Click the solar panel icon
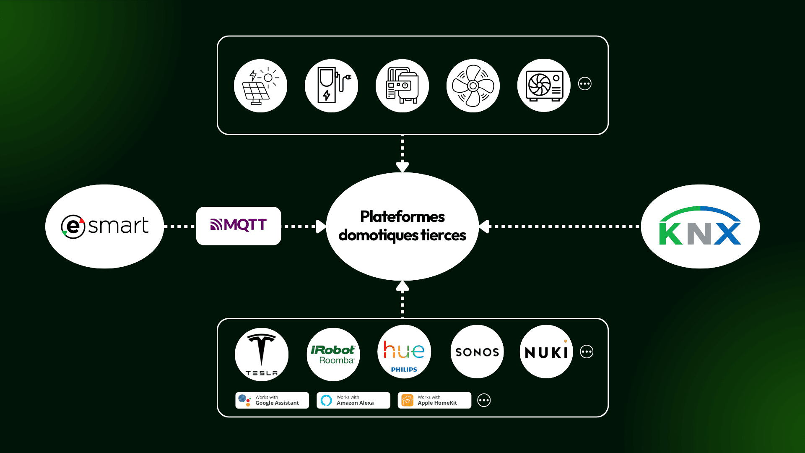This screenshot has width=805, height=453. [260, 86]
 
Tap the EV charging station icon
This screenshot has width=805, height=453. [331, 86]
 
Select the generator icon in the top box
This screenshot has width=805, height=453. [402, 86]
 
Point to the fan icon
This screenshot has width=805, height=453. [473, 86]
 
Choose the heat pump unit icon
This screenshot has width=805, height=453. [544, 86]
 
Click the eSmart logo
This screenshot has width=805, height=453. [105, 226]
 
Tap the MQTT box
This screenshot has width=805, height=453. [239, 226]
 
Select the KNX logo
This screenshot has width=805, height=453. [700, 226]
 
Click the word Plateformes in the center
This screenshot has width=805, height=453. [402, 217]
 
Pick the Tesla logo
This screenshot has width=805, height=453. [262, 354]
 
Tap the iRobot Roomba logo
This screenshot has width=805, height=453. [333, 354]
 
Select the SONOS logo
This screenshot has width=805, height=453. [477, 352]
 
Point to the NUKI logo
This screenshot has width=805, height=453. [546, 352]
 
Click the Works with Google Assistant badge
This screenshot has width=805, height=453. [272, 400]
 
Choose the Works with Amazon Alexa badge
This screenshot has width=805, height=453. [353, 400]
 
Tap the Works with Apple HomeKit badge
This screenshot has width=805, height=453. [434, 400]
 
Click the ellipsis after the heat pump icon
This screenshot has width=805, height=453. [585, 83]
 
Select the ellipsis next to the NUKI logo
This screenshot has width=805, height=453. [587, 351]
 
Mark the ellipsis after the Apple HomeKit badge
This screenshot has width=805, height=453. [484, 400]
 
